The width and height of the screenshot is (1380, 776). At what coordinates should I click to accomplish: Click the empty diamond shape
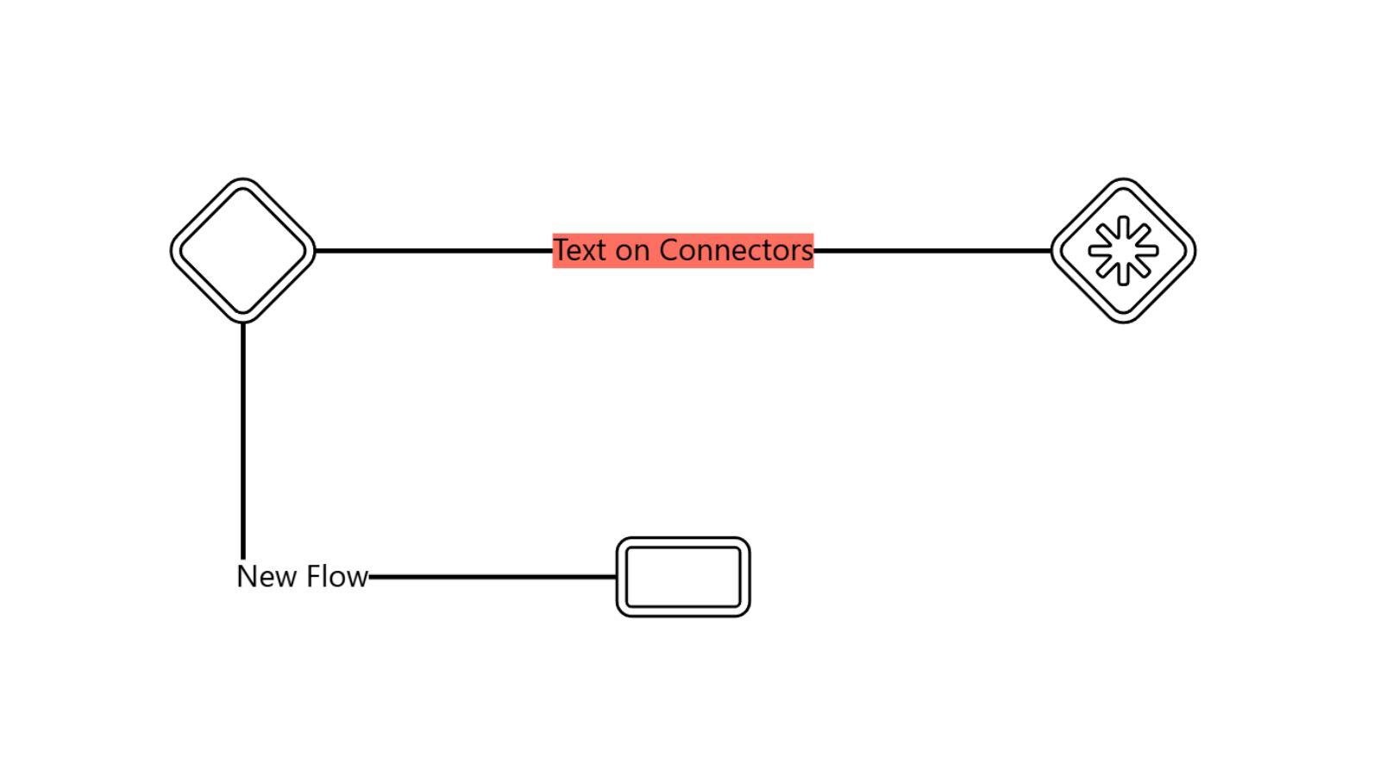[243, 251]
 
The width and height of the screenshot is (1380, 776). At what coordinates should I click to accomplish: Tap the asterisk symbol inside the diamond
[1123, 251]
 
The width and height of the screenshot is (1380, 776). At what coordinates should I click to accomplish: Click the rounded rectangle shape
[683, 577]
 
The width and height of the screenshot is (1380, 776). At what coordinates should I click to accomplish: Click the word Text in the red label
[580, 250]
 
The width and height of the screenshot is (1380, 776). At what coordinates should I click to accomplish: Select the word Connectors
[737, 250]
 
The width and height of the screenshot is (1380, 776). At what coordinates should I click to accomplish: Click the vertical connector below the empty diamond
[243, 440]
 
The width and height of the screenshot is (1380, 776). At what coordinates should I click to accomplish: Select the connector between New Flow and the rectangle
[492, 576]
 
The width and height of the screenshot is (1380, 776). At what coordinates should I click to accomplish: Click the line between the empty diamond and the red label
[431, 251]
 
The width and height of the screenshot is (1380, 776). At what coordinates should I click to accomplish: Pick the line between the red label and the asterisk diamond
[931, 251]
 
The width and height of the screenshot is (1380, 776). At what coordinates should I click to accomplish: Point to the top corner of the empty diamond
[243, 181]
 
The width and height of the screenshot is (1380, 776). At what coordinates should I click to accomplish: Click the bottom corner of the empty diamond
[243, 320]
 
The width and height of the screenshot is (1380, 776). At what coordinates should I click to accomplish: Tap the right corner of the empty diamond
[313, 251]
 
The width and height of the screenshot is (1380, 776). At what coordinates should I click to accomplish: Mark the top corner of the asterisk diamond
[1123, 181]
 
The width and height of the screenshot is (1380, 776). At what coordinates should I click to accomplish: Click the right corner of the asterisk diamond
[1193, 251]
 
